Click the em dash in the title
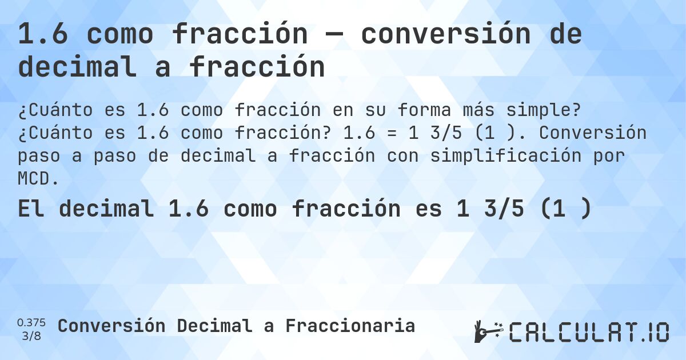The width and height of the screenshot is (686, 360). coord(334,35)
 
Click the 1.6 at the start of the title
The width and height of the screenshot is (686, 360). coord(43,35)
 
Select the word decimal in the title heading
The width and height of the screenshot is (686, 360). coord(78,67)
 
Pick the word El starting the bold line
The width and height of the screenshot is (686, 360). coord(32,209)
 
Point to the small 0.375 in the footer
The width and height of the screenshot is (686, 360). coord(31,322)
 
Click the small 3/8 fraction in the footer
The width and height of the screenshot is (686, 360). coord(31,335)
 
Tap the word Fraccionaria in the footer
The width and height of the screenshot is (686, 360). coord(350,326)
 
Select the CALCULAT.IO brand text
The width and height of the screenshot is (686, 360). coord(589,332)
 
